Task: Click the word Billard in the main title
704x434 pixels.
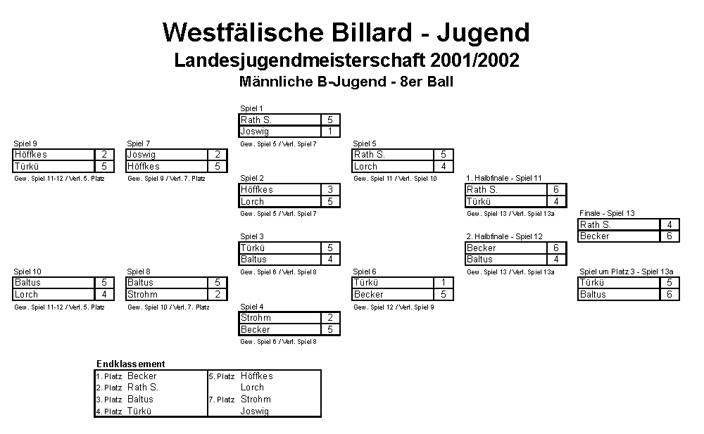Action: click(371, 32)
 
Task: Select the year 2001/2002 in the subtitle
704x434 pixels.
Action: click(474, 60)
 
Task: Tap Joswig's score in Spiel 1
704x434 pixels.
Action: click(330, 132)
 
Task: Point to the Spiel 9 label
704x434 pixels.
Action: click(25, 143)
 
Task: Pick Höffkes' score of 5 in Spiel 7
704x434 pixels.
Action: click(218, 167)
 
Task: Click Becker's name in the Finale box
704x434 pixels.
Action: click(594, 236)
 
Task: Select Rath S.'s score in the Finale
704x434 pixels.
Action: click(670, 224)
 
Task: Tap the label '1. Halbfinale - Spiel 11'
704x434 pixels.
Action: click(504, 178)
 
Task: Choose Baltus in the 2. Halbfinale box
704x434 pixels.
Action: click(479, 260)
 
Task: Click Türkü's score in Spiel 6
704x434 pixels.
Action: click(443, 282)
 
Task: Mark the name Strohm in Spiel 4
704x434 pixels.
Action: click(256, 318)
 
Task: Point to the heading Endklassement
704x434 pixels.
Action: click(131, 364)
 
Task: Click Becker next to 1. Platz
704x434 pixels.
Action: click(142, 376)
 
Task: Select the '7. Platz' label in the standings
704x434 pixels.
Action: click(222, 400)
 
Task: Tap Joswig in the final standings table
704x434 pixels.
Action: click(255, 411)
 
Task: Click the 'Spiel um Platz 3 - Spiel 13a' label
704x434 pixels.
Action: click(627, 272)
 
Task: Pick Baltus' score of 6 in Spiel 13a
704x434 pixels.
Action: click(670, 295)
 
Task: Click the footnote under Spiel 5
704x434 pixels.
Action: click(395, 179)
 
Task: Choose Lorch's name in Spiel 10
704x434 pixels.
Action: click(27, 295)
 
